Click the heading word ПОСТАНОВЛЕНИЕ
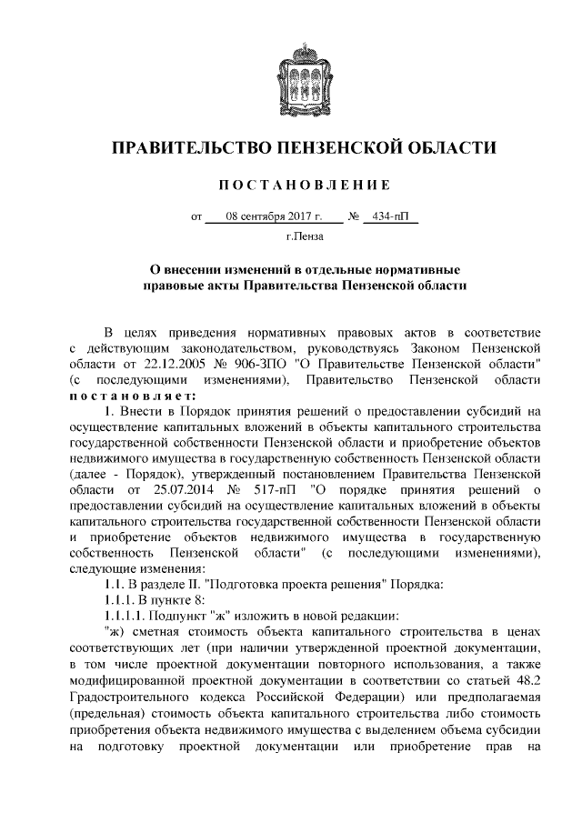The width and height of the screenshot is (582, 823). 304,185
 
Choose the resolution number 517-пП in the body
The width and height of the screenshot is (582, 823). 271,491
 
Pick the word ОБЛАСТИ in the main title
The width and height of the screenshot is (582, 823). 455,146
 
